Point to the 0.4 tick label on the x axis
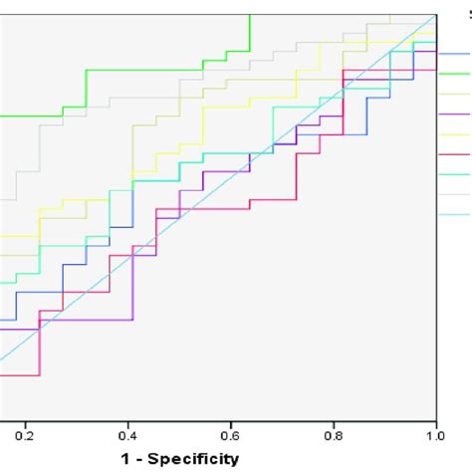pos(127,434)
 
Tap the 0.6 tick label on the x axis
pos(230,434)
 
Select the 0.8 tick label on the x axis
pos(333,434)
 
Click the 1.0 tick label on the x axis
pos(433,434)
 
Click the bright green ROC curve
pos(149,70)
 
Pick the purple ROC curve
pos(100,320)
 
